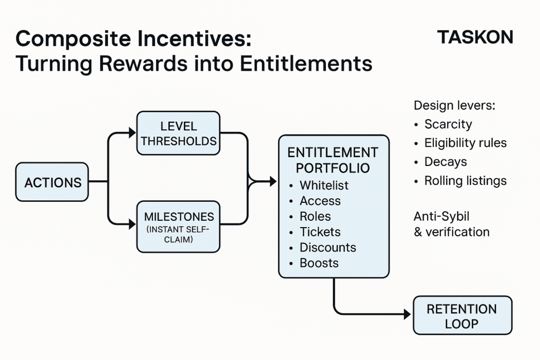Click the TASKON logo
[x=475, y=37]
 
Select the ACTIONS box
[x=52, y=182]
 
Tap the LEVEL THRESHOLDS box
[x=178, y=133]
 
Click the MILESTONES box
[x=178, y=227]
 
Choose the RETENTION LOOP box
[x=462, y=315]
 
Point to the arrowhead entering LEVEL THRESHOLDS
[x=132, y=132]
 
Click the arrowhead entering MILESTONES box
[x=132, y=225]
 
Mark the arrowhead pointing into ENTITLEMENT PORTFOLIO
[x=273, y=181]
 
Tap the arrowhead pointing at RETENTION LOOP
[x=408, y=314]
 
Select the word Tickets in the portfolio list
[x=320, y=232]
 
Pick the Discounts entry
[x=328, y=247]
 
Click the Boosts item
[x=319, y=263]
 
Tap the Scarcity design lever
[x=448, y=124]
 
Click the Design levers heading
[x=454, y=105]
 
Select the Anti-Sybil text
[x=441, y=217]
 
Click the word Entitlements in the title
[x=306, y=64]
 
